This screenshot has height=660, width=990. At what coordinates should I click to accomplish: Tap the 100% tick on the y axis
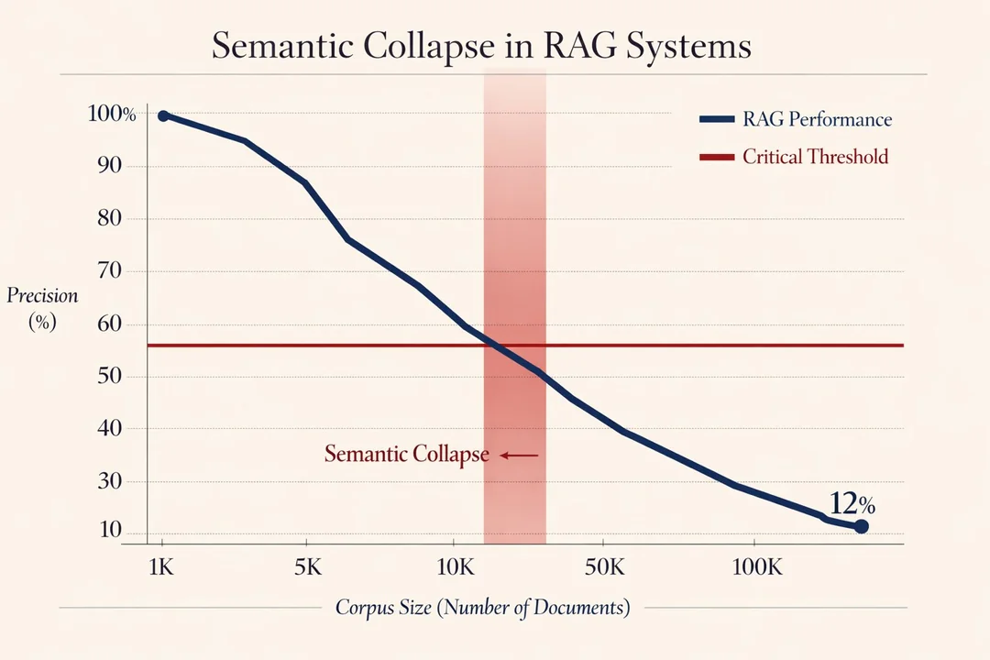point(112,115)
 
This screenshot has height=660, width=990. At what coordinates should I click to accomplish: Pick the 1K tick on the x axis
point(160,566)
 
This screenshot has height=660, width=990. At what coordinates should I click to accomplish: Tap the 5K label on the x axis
point(307,566)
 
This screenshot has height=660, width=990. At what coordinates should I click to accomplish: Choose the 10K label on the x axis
point(455,566)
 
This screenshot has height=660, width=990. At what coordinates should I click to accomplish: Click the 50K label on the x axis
point(603,566)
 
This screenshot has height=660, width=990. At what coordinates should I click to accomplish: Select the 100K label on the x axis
point(756,566)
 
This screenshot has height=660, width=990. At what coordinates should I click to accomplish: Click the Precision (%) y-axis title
point(43,309)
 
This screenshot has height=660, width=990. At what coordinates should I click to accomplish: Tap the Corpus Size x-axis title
point(482,608)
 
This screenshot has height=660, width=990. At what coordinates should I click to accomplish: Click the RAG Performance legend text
point(817,119)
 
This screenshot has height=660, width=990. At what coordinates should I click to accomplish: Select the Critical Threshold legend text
point(815,157)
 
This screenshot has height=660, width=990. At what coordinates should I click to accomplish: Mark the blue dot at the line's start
point(163,115)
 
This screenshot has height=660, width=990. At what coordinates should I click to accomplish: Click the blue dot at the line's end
point(861,526)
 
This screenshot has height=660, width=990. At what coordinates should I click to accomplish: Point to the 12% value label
point(852,503)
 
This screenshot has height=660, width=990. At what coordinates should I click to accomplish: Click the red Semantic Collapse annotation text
point(406,455)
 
